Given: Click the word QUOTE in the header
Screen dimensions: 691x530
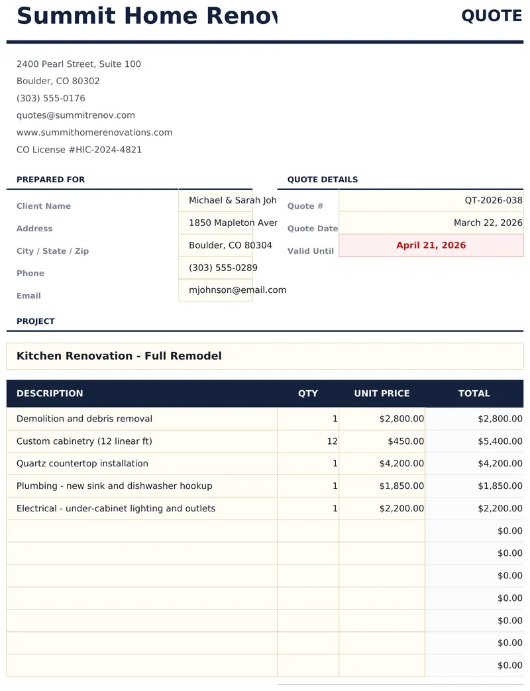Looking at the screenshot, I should pyautogui.click(x=492, y=16).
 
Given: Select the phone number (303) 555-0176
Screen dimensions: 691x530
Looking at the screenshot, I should pyautogui.click(x=51, y=98).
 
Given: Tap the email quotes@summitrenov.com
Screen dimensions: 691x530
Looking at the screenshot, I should pyautogui.click(x=76, y=115).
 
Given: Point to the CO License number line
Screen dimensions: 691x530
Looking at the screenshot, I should pyautogui.click(x=79, y=150).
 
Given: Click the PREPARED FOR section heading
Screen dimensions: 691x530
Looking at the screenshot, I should pyautogui.click(x=50, y=180).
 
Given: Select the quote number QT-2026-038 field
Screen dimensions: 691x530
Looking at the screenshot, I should pyautogui.click(x=431, y=200).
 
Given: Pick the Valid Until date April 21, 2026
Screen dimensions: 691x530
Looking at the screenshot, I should pyautogui.click(x=431, y=245).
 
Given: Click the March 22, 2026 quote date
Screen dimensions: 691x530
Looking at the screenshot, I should pyautogui.click(x=431, y=223).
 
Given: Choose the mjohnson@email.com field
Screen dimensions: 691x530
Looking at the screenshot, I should pyautogui.click(x=216, y=290).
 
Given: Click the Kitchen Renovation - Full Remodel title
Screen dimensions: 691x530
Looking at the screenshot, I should pyautogui.click(x=119, y=356).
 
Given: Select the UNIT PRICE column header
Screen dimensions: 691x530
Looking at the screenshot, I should pyautogui.click(x=382, y=394).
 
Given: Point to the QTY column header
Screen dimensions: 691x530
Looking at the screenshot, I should pyautogui.click(x=308, y=394).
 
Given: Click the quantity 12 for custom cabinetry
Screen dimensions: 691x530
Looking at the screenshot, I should pyautogui.click(x=308, y=441).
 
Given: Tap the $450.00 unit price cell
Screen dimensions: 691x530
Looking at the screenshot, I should pyautogui.click(x=382, y=441).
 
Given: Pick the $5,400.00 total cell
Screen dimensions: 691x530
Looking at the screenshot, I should pyautogui.click(x=474, y=441).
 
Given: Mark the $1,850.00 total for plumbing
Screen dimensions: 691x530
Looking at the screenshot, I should pyautogui.click(x=474, y=486).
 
